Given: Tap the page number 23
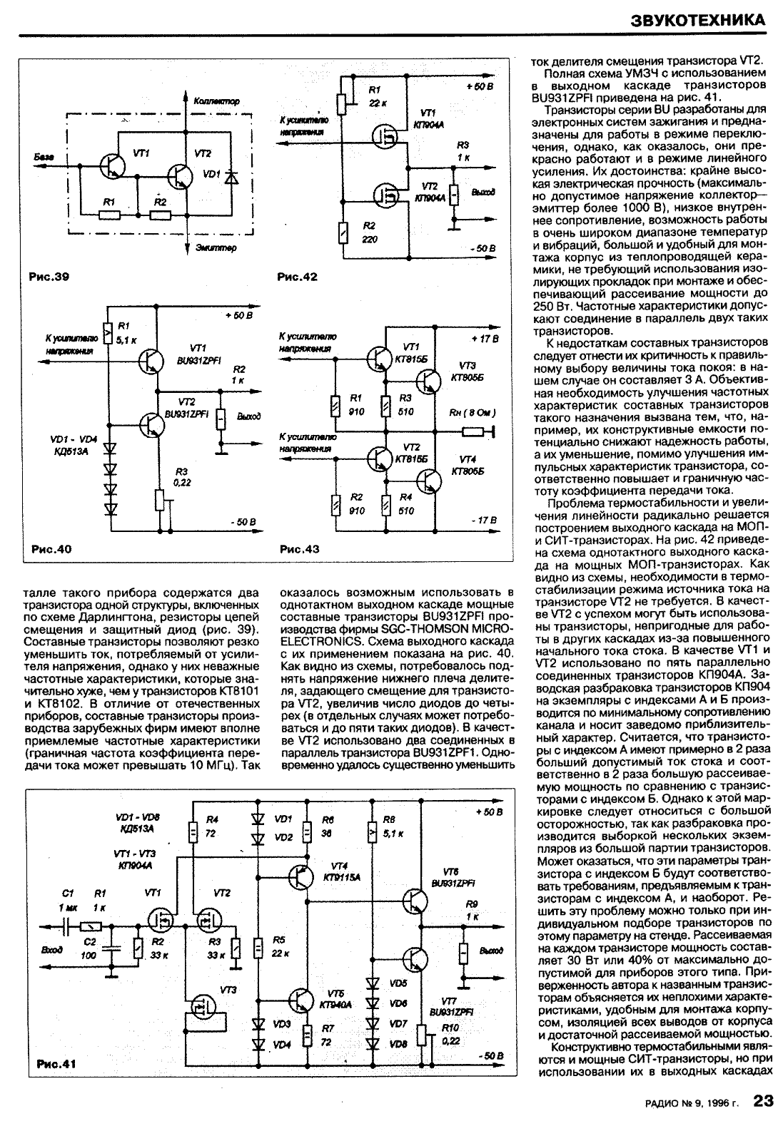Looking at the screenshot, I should pyautogui.click(x=763, y=1102).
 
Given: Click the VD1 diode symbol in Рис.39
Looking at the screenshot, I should pyautogui.click(x=230, y=176).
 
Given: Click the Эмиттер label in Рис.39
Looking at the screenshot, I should pyautogui.click(x=215, y=247).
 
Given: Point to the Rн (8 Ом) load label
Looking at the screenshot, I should pyautogui.click(x=472, y=413).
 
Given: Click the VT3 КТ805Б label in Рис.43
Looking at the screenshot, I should pyautogui.click(x=468, y=372).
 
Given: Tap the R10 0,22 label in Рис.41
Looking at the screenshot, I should pyautogui.click(x=450, y=1034).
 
